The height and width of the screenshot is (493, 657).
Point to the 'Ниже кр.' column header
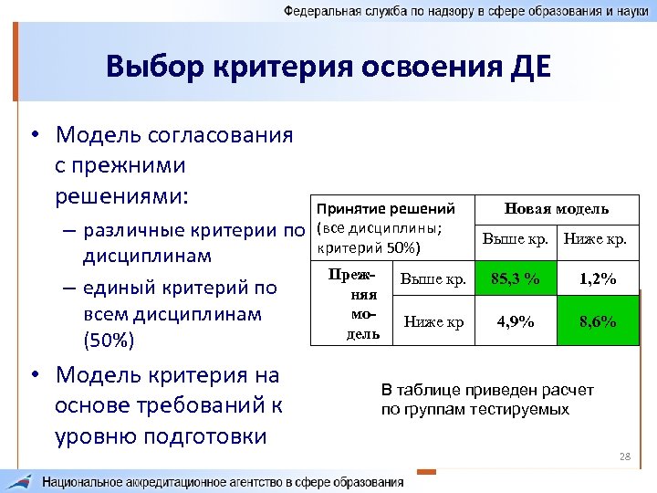coord(595,239)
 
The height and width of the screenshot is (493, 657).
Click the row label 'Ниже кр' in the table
coord(433,321)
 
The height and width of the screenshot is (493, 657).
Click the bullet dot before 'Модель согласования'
coord(34,136)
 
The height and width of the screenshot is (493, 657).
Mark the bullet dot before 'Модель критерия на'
coord(34,376)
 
